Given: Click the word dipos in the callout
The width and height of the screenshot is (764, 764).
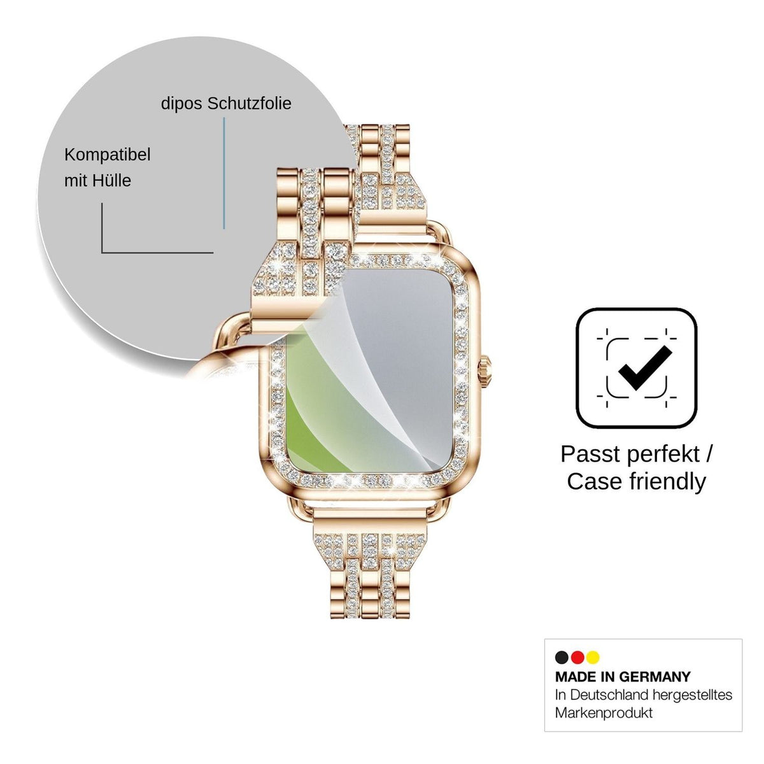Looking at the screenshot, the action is pos(181,104).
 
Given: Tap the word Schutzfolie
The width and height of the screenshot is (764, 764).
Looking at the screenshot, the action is pos(250,103).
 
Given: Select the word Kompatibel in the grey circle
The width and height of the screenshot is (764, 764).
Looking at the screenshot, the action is pos(108,155).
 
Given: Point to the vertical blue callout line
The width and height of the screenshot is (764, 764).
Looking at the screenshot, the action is pos(224,173).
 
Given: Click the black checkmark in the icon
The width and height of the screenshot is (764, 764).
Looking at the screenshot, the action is pos(645,367).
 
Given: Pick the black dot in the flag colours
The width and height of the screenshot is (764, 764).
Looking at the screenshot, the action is pos(561,657).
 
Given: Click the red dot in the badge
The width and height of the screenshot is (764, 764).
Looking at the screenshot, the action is pos(577,657).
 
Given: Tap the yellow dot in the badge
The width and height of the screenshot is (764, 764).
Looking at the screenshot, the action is pos(593,657).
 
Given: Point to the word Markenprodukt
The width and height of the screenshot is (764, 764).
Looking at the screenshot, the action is pos(604,713).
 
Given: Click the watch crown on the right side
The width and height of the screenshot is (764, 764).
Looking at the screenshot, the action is pos(486,371).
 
